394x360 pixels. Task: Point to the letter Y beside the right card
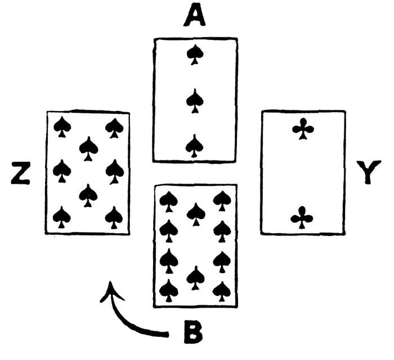[369, 173]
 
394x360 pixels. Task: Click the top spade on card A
[195, 55]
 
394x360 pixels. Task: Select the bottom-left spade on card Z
[62, 217]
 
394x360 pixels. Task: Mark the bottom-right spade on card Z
[114, 217]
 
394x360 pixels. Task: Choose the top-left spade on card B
[168, 200]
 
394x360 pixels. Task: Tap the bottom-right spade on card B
[222, 291]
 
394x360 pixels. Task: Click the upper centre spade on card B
[195, 213]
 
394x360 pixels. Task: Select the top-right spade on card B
[222, 200]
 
